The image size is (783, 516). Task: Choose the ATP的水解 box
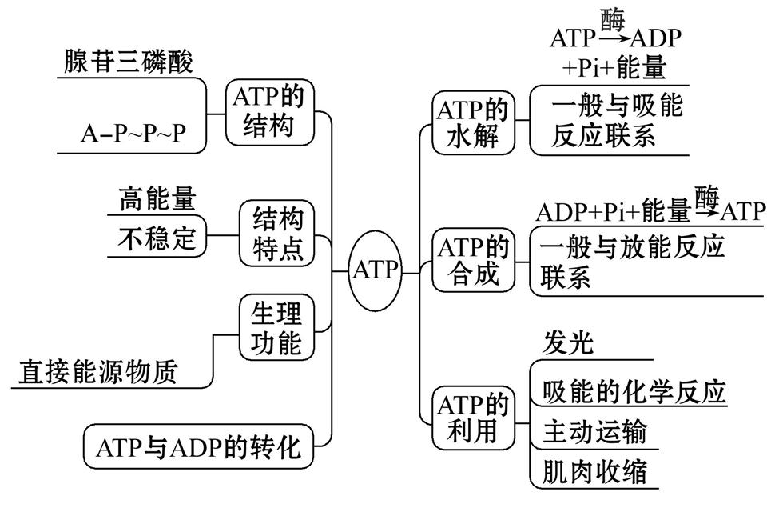(x=472, y=123)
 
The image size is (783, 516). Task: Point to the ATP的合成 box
(x=472, y=260)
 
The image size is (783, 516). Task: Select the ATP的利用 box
(x=472, y=417)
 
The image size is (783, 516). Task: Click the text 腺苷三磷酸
(x=128, y=62)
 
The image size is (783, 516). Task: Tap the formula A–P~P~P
(x=132, y=133)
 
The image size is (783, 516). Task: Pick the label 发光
(x=568, y=343)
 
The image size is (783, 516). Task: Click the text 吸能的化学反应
(x=634, y=391)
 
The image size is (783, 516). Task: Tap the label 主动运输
(x=594, y=433)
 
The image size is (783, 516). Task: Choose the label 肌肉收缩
(x=594, y=470)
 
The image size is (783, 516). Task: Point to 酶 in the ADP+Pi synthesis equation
(x=706, y=194)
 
